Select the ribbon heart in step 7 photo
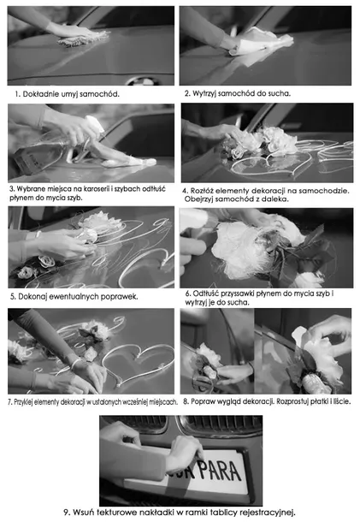(138, 363)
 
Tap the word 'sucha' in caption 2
(279, 93)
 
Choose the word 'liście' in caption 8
(341, 402)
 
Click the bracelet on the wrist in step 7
(75, 364)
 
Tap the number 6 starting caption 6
(188, 294)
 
